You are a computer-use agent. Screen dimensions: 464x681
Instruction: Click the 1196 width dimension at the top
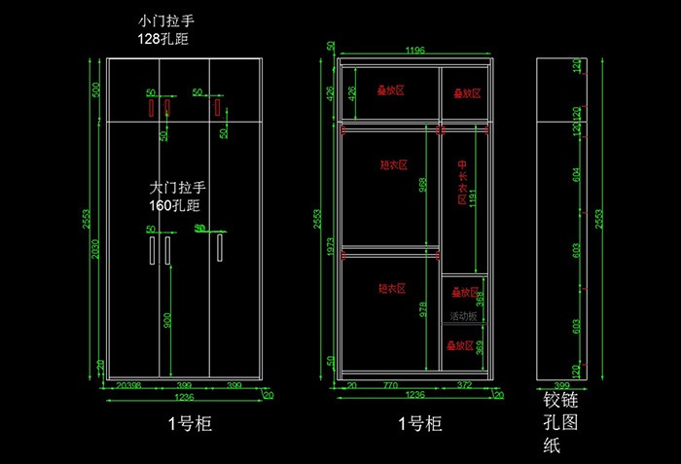coord(415,51)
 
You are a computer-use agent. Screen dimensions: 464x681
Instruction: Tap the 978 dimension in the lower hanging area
coord(423,309)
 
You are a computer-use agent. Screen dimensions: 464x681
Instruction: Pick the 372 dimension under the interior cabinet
coord(464,386)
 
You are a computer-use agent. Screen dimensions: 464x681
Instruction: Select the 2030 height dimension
coord(95,251)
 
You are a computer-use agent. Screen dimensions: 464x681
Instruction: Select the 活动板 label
coord(463,316)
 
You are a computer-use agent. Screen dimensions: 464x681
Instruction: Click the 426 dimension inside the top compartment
coord(352,92)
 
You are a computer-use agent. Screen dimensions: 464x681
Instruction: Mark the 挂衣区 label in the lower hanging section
coord(391,289)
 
